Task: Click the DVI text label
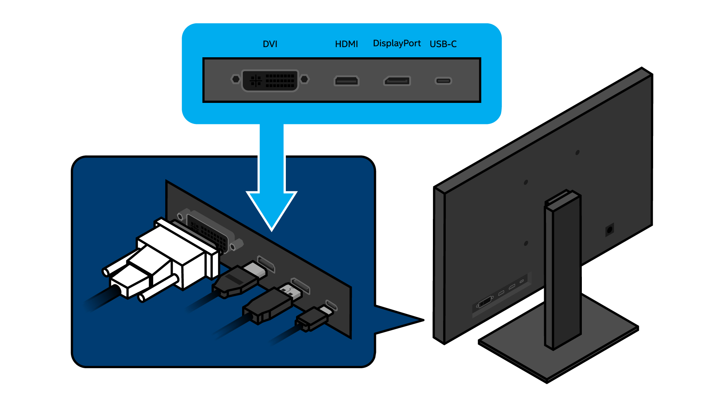pyautogui.click(x=270, y=44)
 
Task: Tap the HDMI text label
pyautogui.click(x=346, y=44)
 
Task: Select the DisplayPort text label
pyautogui.click(x=397, y=44)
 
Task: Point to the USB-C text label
pyautogui.click(x=443, y=44)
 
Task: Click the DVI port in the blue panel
pyautogui.click(x=270, y=80)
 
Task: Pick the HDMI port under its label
pyautogui.click(x=346, y=81)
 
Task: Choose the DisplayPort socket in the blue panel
pyautogui.click(x=397, y=81)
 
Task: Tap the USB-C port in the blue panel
pyautogui.click(x=443, y=81)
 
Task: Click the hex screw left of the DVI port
pyautogui.click(x=235, y=79)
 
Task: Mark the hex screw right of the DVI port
pyautogui.click(x=304, y=79)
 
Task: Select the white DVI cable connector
pyautogui.click(x=170, y=256)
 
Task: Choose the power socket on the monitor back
pyautogui.click(x=609, y=229)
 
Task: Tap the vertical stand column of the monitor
pyautogui.click(x=564, y=271)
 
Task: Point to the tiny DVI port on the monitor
pyautogui.click(x=485, y=303)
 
